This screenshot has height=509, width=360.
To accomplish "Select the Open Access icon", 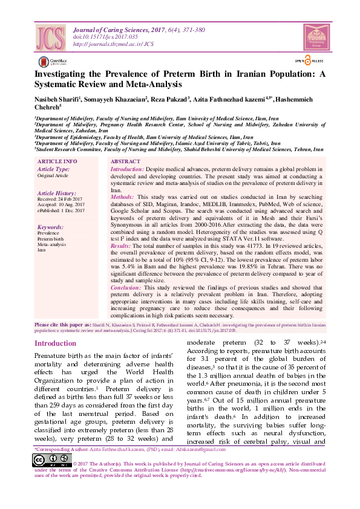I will (x=309, y=60).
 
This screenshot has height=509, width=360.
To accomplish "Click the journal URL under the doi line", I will (x=113, y=44).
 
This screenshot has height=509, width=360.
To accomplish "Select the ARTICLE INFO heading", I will (x=57, y=162).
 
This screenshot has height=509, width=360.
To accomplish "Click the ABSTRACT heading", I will (x=125, y=162).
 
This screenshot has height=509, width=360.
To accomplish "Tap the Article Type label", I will (x=53, y=169).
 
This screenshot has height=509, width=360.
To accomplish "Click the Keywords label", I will (x=50, y=227).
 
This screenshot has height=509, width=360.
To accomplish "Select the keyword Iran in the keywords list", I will (x=42, y=250).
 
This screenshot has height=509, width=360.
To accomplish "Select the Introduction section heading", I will (x=56, y=343).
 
